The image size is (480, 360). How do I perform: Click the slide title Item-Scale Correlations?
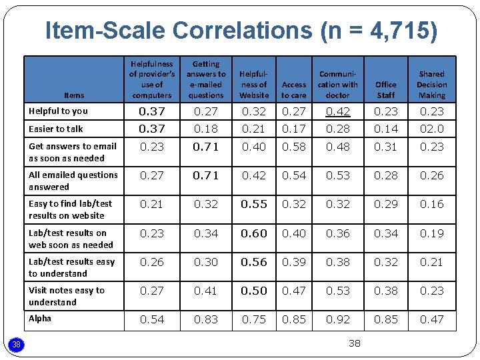[241, 30]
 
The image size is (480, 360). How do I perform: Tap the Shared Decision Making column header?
[431, 85]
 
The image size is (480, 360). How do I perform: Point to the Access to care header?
[294, 90]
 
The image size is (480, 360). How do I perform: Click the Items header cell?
[74, 95]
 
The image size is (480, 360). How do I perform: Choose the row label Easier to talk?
[56, 129]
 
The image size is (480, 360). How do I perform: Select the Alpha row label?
[40, 319]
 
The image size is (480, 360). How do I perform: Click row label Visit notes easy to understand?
[67, 296]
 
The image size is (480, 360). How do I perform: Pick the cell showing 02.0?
[431, 129]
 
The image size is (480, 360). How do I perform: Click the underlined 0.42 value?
[338, 111]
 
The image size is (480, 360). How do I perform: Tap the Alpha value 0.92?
[338, 320]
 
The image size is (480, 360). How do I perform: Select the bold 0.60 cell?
[254, 233]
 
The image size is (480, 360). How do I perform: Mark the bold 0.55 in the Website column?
[254, 205]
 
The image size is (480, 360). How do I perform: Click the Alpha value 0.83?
[206, 320]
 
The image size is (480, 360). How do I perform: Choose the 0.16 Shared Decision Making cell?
[431, 205]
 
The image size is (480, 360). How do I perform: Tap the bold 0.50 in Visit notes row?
[254, 291]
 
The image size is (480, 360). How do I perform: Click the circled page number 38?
[17, 345]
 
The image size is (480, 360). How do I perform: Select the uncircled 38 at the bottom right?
[354, 343]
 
